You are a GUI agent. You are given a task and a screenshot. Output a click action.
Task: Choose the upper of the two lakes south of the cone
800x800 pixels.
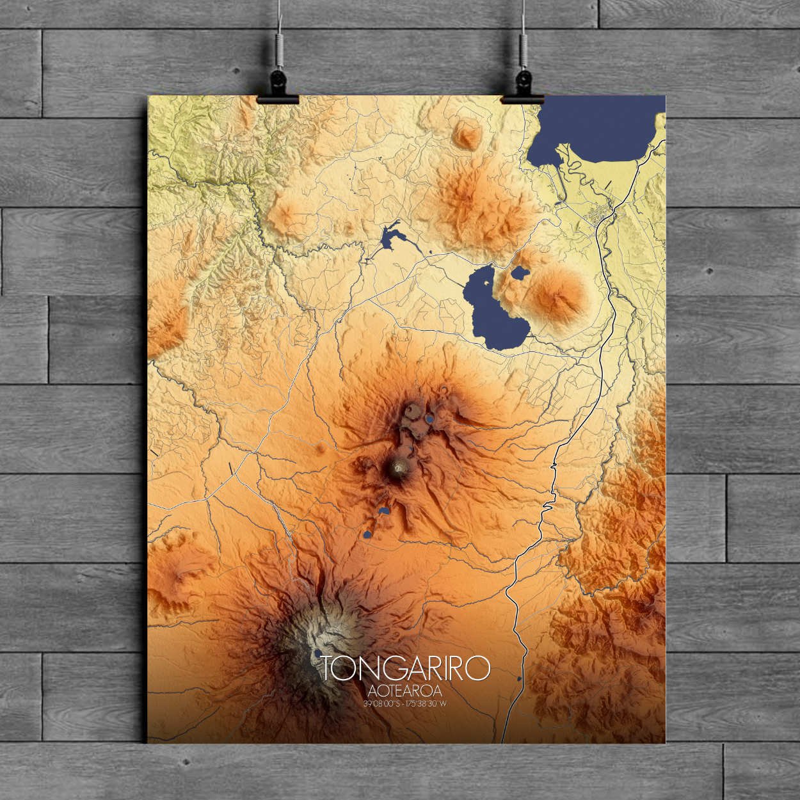pos(384,511)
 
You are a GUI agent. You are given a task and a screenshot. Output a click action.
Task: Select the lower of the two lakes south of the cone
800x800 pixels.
pos(368,533)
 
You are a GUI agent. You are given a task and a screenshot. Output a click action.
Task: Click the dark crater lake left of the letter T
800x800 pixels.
pos(318,653)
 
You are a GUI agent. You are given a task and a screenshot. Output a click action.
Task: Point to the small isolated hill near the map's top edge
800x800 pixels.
pos(467,134)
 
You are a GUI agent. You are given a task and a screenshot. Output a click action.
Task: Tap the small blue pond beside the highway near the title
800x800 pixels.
pos(518,678)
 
